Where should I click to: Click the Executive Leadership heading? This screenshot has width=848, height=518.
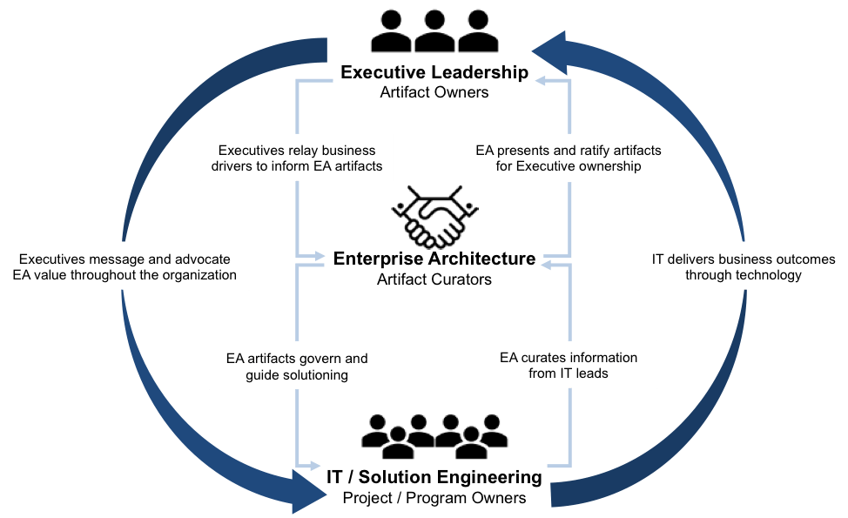(x=434, y=72)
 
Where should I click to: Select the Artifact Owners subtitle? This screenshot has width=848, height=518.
(x=434, y=91)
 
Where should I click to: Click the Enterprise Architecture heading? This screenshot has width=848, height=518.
(x=434, y=259)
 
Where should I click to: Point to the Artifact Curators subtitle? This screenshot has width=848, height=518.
(x=434, y=279)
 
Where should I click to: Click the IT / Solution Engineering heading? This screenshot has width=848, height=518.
(x=434, y=478)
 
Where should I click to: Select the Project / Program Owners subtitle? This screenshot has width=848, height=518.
(x=434, y=498)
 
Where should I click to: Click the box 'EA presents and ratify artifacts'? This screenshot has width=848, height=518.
(x=568, y=158)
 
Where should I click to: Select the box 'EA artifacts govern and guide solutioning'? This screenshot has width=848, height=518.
(x=296, y=366)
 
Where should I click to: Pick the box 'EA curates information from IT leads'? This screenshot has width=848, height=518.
(x=568, y=365)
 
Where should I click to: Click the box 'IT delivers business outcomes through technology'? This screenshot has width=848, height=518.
(x=743, y=266)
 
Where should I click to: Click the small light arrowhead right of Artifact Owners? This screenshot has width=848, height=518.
(x=541, y=81)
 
